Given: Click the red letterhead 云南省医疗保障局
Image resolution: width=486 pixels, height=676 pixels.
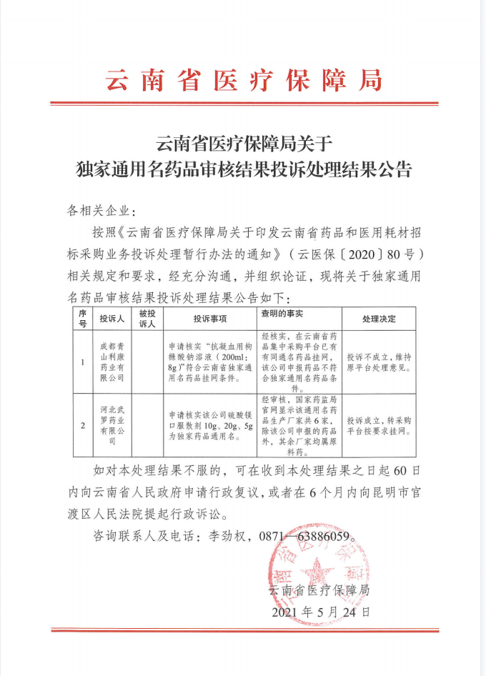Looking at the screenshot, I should tap(244, 79).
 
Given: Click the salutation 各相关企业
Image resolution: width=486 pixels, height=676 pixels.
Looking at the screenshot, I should tap(100, 211).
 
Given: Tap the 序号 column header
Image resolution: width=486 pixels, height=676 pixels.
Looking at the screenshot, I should tap(82, 318).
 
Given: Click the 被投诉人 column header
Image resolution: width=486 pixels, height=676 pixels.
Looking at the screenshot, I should tap(147, 318).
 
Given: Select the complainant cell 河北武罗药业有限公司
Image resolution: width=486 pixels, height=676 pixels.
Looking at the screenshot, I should tap(111, 426).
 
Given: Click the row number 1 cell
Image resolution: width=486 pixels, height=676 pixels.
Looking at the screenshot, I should tap(82, 361).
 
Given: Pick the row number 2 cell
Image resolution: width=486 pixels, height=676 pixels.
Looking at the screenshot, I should tap(82, 426).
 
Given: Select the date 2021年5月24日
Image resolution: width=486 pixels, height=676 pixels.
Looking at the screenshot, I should tap(321, 612).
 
